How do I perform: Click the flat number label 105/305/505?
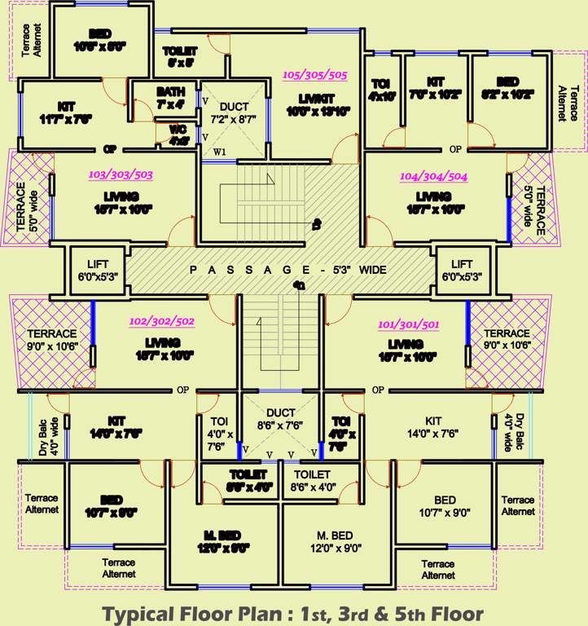[314, 75]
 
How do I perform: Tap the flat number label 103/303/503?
[121, 174]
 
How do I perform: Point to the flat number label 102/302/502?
[161, 321]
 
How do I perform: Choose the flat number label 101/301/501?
[409, 324]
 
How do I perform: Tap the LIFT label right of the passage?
[461, 270]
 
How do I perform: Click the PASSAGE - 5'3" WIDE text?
[287, 270]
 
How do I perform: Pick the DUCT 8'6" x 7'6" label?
[280, 419]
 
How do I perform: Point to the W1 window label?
[220, 152]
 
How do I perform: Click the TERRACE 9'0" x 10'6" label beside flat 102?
[52, 339]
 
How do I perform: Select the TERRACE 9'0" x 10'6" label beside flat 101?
[507, 339]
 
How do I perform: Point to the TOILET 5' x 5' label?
[180, 55]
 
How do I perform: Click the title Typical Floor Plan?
[293, 613]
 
